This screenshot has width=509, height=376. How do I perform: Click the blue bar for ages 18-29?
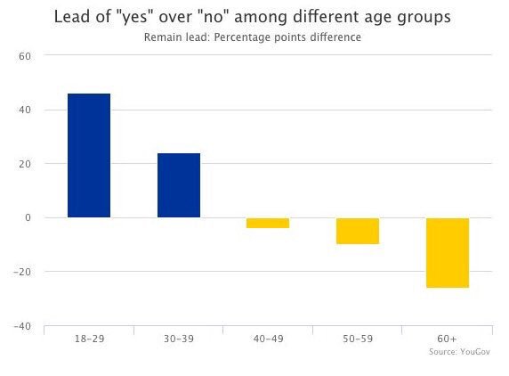pyautogui.click(x=89, y=156)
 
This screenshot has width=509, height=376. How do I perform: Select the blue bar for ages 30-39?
pyautogui.click(x=179, y=185)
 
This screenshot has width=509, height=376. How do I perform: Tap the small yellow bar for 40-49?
pyautogui.click(x=268, y=223)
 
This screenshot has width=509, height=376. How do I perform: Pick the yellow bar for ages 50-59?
pyautogui.click(x=357, y=231)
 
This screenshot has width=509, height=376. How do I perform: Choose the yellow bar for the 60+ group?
pyautogui.click(x=447, y=253)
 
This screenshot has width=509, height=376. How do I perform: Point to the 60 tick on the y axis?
pyautogui.click(x=25, y=56)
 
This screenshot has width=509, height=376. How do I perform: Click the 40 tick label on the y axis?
pyautogui.click(x=25, y=110)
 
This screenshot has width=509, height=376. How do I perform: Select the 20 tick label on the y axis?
pyautogui.click(x=25, y=164)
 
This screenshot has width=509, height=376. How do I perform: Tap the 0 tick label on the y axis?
pyautogui.click(x=28, y=218)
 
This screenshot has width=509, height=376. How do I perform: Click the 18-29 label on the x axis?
pyautogui.click(x=89, y=339)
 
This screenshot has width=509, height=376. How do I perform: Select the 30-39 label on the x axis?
pyautogui.click(x=179, y=339)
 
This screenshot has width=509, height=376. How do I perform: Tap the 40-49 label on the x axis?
pyautogui.click(x=268, y=339)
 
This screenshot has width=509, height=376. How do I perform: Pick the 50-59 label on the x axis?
pyautogui.click(x=357, y=339)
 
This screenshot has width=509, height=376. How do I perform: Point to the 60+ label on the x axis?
pyautogui.click(x=447, y=339)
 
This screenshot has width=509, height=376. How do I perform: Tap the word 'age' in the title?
pyautogui.click(x=395, y=18)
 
